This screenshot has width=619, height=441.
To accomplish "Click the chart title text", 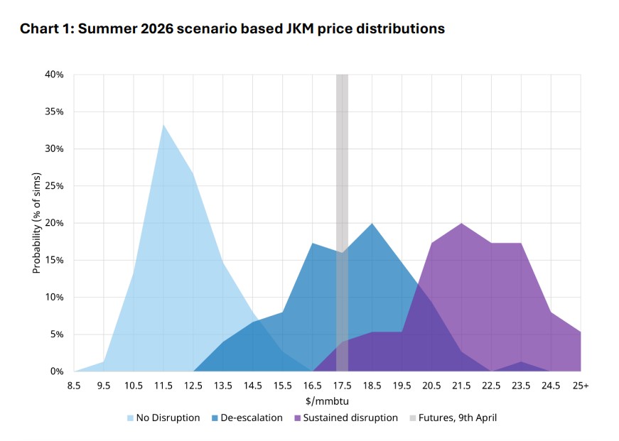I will tap(232, 29).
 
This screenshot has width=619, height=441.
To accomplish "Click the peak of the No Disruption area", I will tap(163, 126).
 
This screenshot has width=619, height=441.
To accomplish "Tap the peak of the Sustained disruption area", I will tap(461, 224).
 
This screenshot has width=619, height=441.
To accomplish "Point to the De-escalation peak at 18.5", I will tap(372, 224).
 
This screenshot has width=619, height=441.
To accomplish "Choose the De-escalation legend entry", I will tap(246, 418).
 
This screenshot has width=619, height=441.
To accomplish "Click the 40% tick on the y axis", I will tap(54, 75).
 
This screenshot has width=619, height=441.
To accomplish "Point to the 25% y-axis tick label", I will tap(54, 186).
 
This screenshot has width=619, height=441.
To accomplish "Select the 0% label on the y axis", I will tap(57, 371).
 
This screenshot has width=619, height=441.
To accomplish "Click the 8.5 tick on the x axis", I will tap(74, 385).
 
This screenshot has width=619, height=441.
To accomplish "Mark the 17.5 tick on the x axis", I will tap(342, 385).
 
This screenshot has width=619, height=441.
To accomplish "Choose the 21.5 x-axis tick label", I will tap(461, 385).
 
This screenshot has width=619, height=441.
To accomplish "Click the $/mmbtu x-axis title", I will tap(328, 401).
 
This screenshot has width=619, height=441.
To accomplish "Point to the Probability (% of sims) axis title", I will tap(37, 223).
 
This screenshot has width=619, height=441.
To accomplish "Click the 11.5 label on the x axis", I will tap(163, 385).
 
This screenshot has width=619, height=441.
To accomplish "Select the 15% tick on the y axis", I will tap(54, 260).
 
